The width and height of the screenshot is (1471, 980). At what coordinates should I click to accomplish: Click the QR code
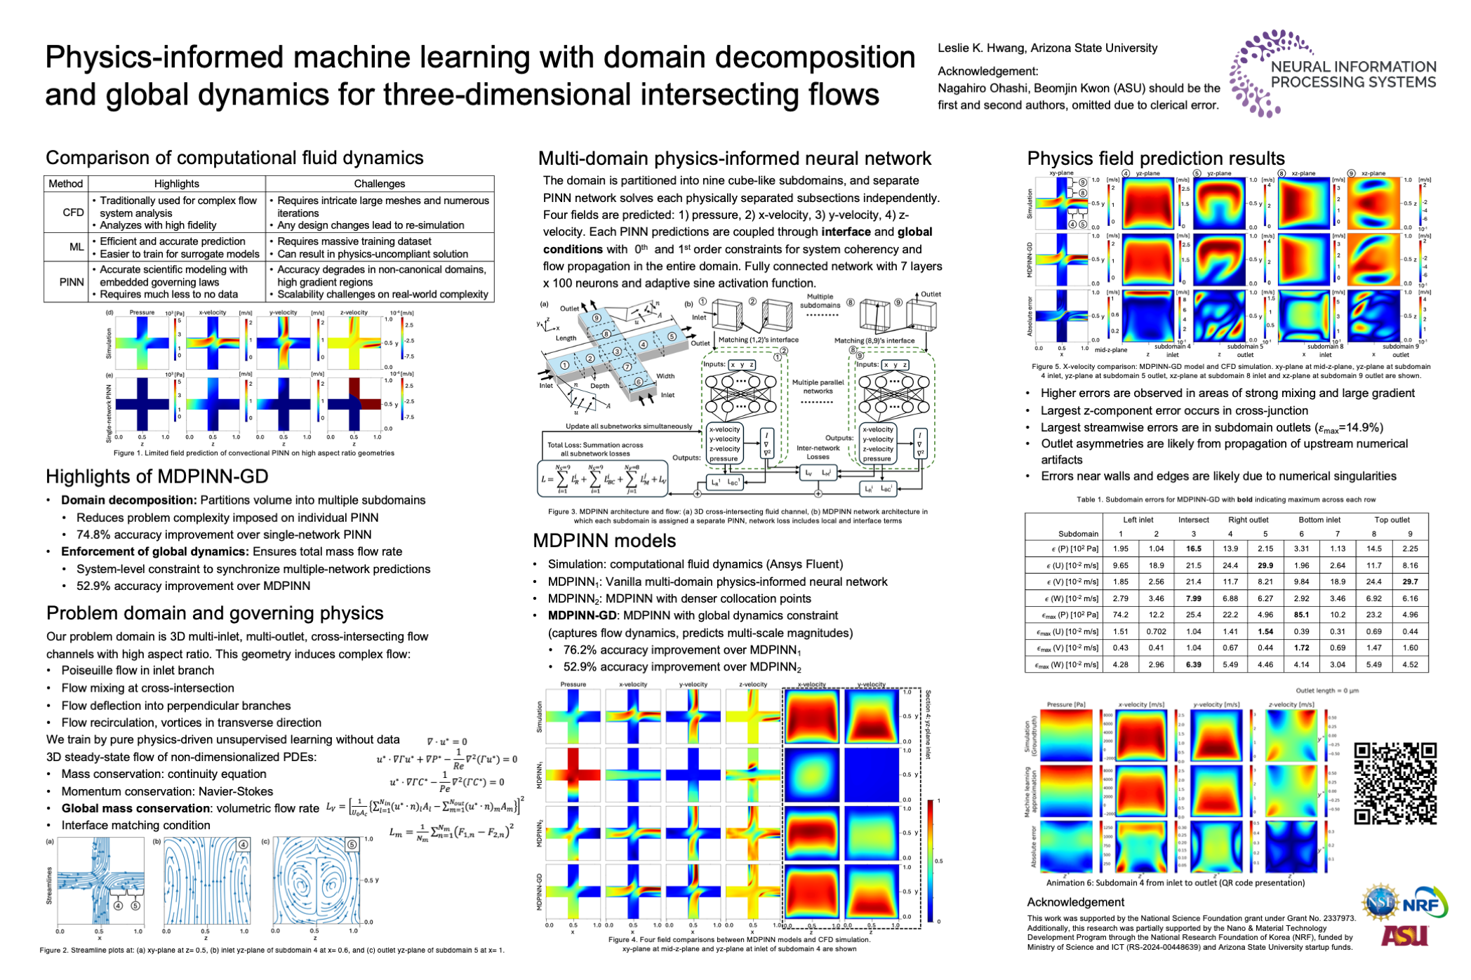pyautogui.click(x=1395, y=783)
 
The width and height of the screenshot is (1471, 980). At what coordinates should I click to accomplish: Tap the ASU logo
pyautogui.click(x=1404, y=934)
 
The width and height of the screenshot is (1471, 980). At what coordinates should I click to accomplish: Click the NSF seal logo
pyautogui.click(x=1380, y=902)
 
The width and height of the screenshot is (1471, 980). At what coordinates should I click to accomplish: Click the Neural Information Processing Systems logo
pyautogui.click(x=1332, y=74)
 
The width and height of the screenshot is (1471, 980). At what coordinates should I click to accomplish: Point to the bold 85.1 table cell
pyautogui.click(x=1301, y=615)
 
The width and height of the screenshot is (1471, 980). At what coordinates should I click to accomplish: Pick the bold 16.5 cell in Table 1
pyautogui.click(x=1193, y=549)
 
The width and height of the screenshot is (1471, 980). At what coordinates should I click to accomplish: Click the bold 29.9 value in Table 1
pyautogui.click(x=1265, y=565)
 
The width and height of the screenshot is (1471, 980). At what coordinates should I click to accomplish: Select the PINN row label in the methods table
pyautogui.click(x=72, y=282)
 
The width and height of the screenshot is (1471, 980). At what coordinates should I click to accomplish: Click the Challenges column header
pyautogui.click(x=379, y=184)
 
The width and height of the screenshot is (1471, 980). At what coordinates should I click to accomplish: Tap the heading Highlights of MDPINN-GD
pyautogui.click(x=157, y=477)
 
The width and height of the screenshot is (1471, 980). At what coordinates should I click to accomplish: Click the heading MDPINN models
pyautogui.click(x=604, y=541)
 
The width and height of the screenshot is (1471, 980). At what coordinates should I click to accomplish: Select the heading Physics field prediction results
pyautogui.click(x=1155, y=159)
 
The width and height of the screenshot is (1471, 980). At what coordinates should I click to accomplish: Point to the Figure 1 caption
pyautogui.click(x=254, y=453)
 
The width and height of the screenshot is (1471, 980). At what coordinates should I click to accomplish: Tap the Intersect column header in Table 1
pyautogui.click(x=1193, y=520)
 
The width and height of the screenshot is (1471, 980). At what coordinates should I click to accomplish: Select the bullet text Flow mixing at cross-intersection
pyautogui.click(x=147, y=688)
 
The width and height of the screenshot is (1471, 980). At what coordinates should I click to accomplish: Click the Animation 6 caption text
pyautogui.click(x=1175, y=883)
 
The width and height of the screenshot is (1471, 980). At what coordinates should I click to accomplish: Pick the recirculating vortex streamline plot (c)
pyautogui.click(x=317, y=880)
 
